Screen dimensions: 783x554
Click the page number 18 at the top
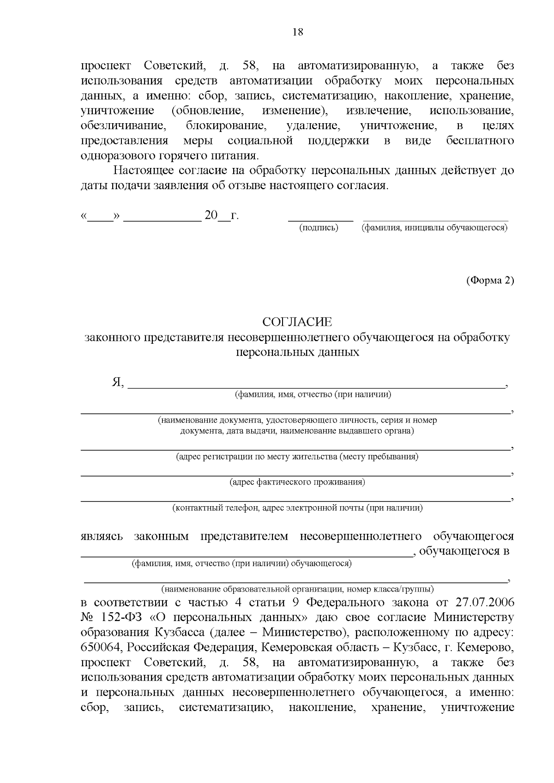pyautogui.click(x=298, y=32)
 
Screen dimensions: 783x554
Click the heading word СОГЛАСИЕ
pyautogui.click(x=297, y=322)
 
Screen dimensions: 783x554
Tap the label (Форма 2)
pyautogui.click(x=490, y=280)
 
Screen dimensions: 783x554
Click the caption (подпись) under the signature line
pyautogui.click(x=319, y=227)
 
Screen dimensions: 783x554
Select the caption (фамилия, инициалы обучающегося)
pyautogui.click(x=434, y=227)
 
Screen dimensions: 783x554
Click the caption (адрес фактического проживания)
pyautogui.click(x=297, y=482)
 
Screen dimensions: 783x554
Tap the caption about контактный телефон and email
pyautogui.click(x=297, y=508)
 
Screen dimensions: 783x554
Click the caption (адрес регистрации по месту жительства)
pyautogui.click(x=297, y=457)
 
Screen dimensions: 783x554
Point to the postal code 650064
pyautogui.click(x=102, y=647)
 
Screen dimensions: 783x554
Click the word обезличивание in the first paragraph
pyautogui.click(x=123, y=126)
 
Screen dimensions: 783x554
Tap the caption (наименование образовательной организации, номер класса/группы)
pyautogui.click(x=297, y=589)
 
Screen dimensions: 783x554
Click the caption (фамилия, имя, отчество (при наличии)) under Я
pyautogui.click(x=313, y=394)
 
